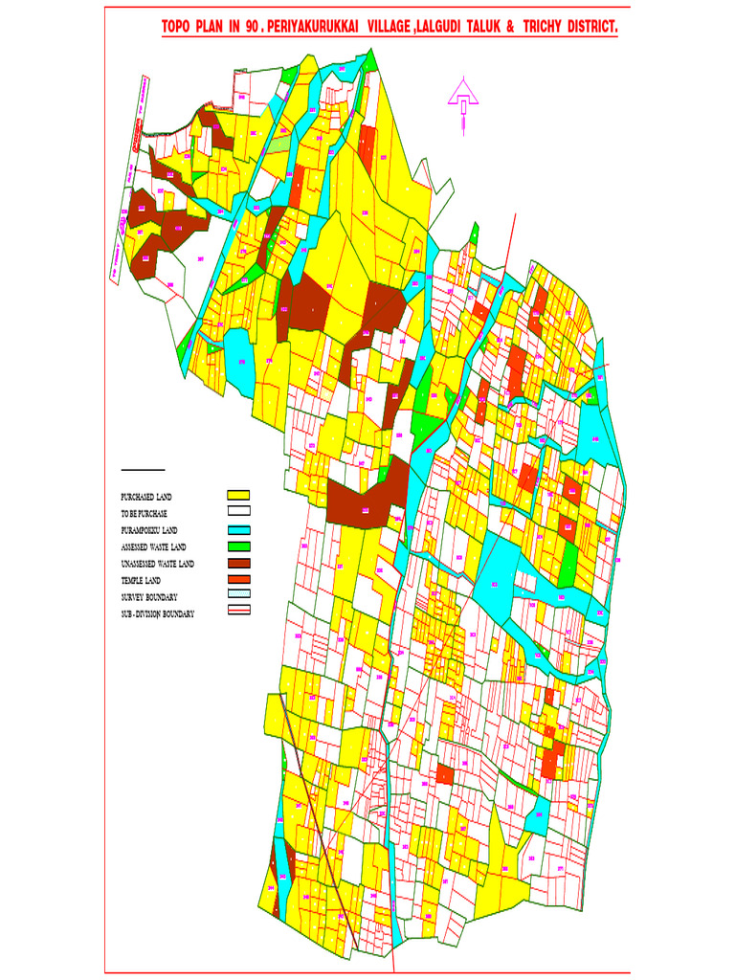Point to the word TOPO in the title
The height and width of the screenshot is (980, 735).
179,29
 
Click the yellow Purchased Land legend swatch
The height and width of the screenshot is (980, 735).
238,496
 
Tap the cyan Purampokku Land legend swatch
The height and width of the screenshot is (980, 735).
238,529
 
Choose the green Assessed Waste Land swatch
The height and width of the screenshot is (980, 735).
238,546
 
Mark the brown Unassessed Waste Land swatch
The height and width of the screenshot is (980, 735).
238,563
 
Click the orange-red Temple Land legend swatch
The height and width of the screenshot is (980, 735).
238,580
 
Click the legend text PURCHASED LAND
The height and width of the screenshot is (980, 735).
146,497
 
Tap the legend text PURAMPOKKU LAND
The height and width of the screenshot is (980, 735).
149,530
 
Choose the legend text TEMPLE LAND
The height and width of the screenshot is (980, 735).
140,581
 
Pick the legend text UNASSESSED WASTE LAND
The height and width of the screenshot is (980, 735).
157,564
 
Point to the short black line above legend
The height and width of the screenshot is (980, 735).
143,470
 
